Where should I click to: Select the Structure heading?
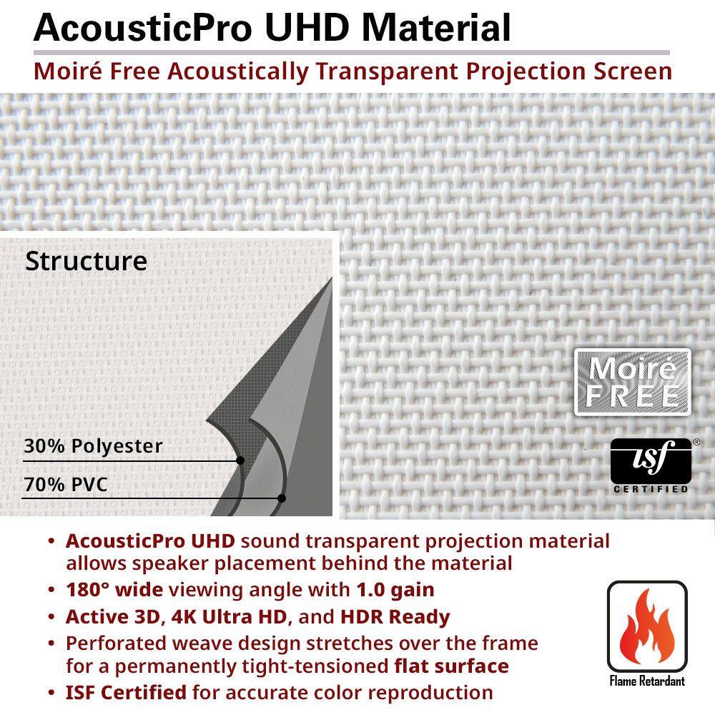86,261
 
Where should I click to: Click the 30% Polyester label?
93,447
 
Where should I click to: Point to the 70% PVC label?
66,485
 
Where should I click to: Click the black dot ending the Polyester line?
240,460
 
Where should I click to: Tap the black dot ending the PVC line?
282,498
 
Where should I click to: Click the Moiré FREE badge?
632,382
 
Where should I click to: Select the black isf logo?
651,460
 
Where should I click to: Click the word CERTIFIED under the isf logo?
651,490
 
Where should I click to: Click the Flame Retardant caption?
647,680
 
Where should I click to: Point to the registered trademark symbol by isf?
696,443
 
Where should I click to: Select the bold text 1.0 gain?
395,591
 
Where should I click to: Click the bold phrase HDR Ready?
395,616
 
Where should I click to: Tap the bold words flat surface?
451,666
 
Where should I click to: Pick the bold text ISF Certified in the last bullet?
126,692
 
